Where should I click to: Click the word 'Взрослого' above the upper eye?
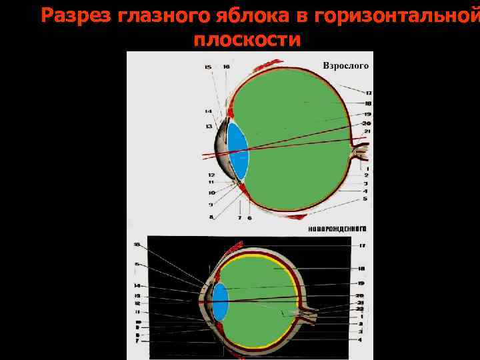[x=345, y=66]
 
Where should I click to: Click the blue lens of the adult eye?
[x=238, y=152]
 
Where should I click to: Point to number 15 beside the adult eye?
[x=208, y=67]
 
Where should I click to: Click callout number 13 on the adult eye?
[x=209, y=126]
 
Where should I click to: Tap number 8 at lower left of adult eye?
[x=211, y=217]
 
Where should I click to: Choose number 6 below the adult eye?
[x=249, y=217]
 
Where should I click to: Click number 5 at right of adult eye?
[x=365, y=199]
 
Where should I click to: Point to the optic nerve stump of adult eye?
[x=359, y=152]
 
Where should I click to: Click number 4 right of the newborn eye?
[x=361, y=339]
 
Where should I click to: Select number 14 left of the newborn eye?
[x=137, y=286]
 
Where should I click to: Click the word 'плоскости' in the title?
[x=247, y=40]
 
